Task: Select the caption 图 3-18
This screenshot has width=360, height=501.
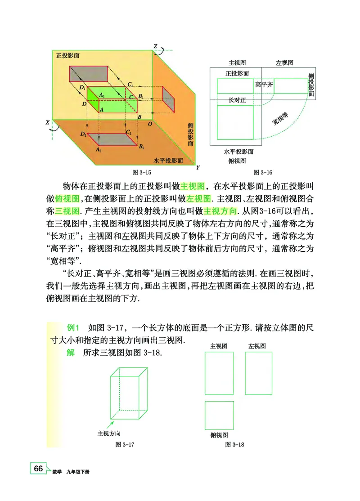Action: (234, 444)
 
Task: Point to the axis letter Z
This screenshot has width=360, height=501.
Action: (155, 46)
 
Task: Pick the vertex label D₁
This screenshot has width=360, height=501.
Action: (82, 88)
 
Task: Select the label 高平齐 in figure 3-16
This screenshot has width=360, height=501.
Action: (264, 85)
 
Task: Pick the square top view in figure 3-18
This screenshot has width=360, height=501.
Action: (219, 415)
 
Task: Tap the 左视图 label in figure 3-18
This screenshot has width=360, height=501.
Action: (256, 346)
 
